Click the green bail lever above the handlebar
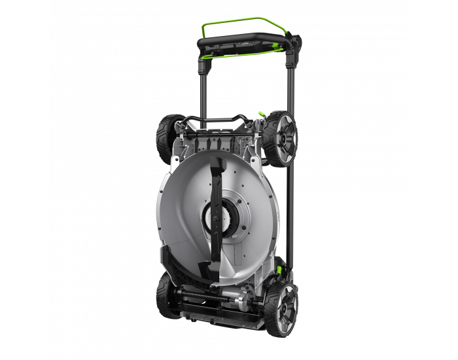[243, 20]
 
